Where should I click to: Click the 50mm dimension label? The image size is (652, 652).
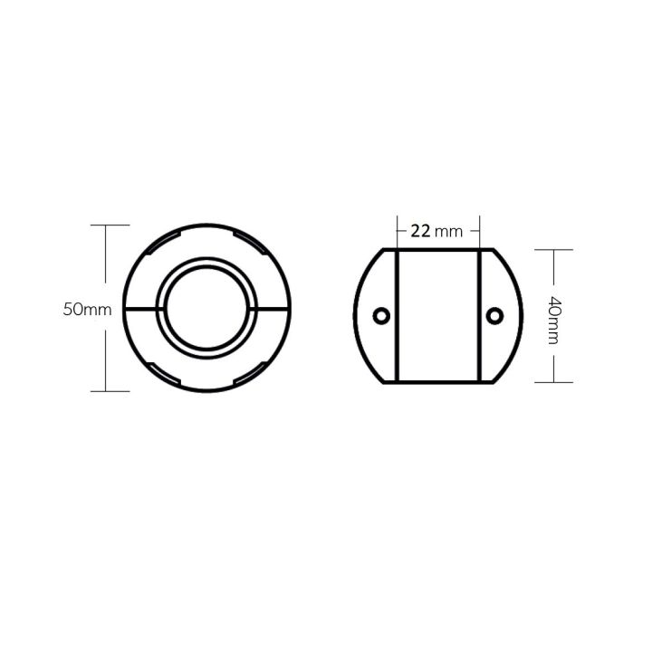(87, 309)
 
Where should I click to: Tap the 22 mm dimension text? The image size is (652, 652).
(436, 231)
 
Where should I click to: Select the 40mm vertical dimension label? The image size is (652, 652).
(554, 316)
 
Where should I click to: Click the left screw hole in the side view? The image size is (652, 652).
(381, 315)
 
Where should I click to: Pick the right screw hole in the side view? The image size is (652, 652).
(494, 315)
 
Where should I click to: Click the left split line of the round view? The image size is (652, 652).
(140, 308)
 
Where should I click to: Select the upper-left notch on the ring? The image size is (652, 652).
(162, 240)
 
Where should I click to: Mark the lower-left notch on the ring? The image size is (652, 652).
(162, 376)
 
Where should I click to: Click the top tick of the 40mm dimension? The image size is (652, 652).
(553, 249)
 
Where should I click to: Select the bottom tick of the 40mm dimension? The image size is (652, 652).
(553, 382)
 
